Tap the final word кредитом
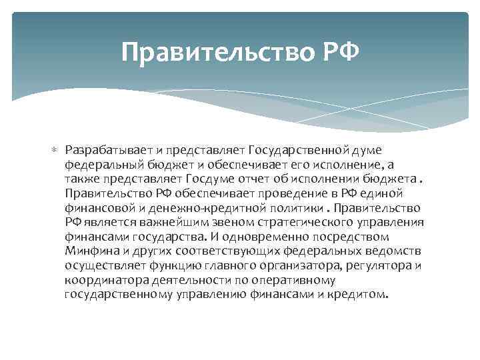[x=363, y=293]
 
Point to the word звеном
[x=225, y=222]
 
